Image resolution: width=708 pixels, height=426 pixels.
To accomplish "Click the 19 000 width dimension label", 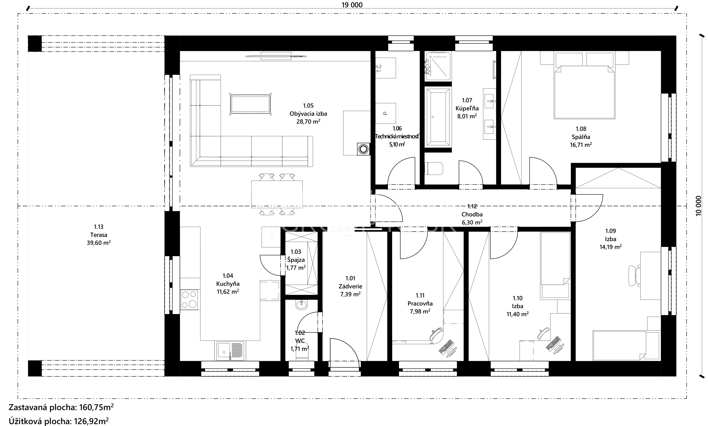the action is click(x=352, y=5).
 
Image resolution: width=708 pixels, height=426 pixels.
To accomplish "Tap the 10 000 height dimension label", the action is click(x=698, y=206).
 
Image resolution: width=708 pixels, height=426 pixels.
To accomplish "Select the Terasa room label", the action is click(x=99, y=235).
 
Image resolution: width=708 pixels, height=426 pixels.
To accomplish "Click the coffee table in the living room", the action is click(x=250, y=104).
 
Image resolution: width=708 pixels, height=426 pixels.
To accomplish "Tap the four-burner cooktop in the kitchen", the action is click(x=189, y=299).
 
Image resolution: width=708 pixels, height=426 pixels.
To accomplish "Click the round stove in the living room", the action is click(x=363, y=149).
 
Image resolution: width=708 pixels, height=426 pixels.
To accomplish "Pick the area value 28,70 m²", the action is click(x=308, y=121).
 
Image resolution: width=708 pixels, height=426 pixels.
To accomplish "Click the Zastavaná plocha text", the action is click(x=43, y=407).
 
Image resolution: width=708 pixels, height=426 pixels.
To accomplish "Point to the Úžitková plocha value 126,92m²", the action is click(x=91, y=421).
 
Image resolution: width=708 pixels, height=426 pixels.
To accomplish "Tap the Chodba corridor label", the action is click(x=472, y=214).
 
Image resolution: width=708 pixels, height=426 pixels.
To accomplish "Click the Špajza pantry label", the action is click(x=296, y=260).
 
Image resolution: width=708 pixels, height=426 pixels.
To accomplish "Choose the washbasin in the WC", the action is click(x=301, y=305).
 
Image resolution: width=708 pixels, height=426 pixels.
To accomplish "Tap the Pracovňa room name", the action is click(x=420, y=303).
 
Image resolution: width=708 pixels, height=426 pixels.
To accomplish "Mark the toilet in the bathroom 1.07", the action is click(x=434, y=169).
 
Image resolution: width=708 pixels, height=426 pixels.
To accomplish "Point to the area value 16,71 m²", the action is click(x=581, y=145).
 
